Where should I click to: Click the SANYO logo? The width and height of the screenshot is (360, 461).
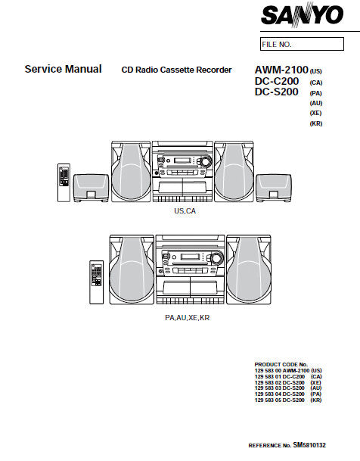coord(303,14)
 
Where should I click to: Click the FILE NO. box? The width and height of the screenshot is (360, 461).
coord(302,44)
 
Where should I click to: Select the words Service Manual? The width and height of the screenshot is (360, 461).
coord(63,69)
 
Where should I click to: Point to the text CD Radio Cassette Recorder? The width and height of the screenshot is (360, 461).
coord(176,70)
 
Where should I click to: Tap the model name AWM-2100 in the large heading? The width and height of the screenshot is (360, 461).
coord(281,70)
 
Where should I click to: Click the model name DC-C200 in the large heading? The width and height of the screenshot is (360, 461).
coord(277,81)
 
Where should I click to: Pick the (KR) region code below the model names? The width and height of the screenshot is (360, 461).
coord(316,123)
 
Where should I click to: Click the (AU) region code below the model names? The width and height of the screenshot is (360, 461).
coord(316,103)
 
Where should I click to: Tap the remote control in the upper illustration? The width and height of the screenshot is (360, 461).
coord(64,182)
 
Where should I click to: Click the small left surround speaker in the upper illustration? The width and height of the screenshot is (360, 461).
coord(91,188)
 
